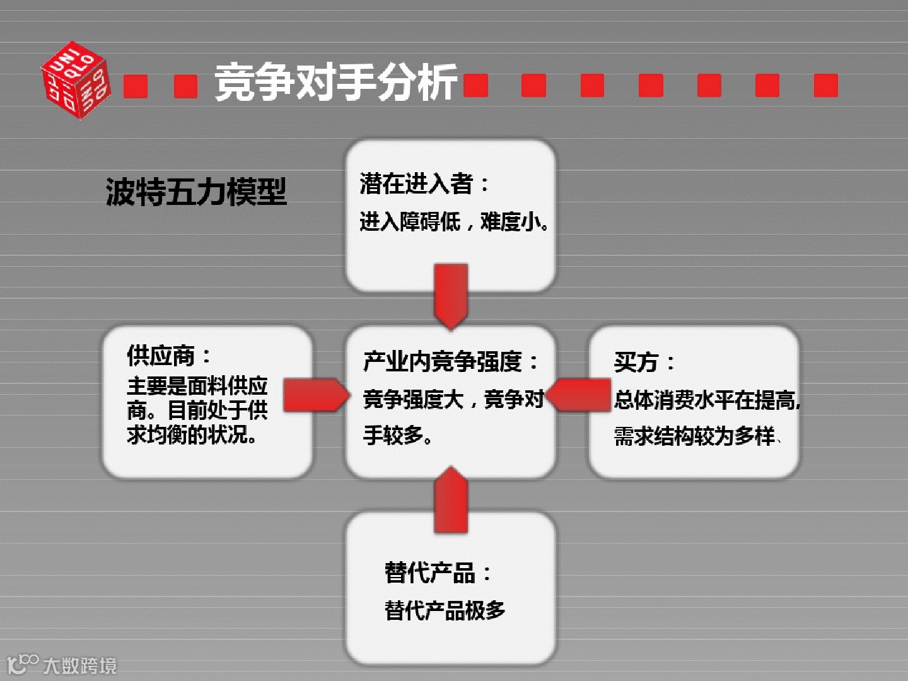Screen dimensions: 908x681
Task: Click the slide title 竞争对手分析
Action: (335, 83)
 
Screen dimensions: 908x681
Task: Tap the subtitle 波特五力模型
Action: (196, 192)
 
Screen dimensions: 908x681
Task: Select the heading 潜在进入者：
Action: (425, 183)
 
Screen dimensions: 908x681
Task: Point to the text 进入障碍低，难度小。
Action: (454, 221)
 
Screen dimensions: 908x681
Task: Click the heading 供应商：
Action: (169, 356)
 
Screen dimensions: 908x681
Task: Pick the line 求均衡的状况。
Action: (192, 434)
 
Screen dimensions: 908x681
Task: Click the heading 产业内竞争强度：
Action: (451, 361)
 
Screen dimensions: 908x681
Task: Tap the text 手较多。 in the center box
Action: (398, 434)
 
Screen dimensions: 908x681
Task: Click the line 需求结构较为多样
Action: (695, 436)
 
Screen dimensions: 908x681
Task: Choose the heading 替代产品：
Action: (438, 573)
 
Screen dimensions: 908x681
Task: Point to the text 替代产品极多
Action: (445, 610)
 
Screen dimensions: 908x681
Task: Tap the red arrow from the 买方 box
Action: (579, 395)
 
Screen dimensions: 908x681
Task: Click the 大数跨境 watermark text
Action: (79, 665)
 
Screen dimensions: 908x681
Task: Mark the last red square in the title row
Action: (825, 85)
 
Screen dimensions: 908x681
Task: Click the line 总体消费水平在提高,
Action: (707, 399)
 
